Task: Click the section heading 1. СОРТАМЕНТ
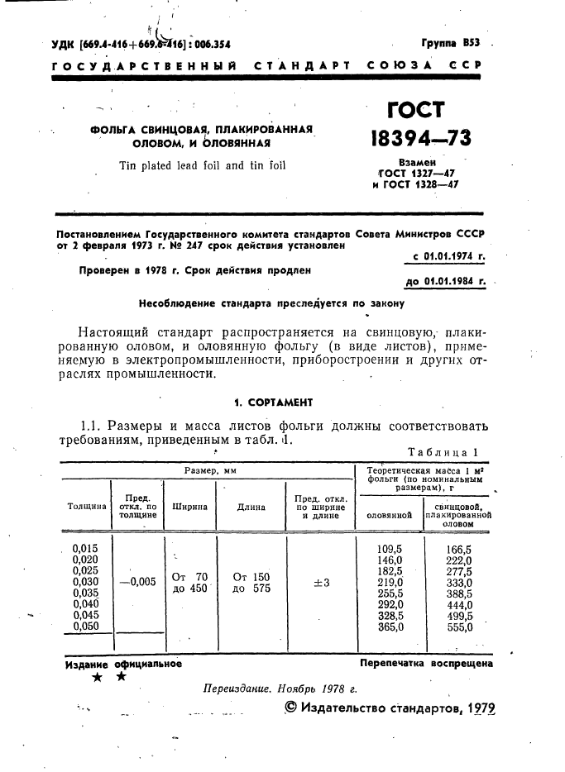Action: click(273, 403)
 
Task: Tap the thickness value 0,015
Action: click(85, 548)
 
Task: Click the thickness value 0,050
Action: click(85, 627)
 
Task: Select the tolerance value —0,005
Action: click(137, 582)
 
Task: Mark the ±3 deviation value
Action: click(321, 583)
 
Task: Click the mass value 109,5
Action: click(389, 549)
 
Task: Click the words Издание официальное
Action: click(123, 663)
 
